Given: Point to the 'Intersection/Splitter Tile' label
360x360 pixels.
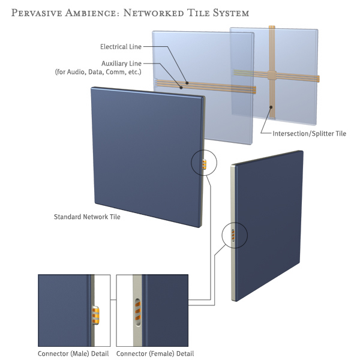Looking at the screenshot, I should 310,133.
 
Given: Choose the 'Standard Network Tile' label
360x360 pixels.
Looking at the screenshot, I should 87,217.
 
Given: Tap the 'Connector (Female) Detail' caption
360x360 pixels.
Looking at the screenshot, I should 155,353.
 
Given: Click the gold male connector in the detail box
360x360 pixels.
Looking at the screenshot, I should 96,314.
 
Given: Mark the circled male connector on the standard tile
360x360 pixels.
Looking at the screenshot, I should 205,164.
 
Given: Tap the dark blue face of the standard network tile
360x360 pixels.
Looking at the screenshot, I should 144,156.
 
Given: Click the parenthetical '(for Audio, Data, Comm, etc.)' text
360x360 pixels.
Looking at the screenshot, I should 98,72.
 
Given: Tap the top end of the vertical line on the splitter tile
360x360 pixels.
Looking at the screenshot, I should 272,28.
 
